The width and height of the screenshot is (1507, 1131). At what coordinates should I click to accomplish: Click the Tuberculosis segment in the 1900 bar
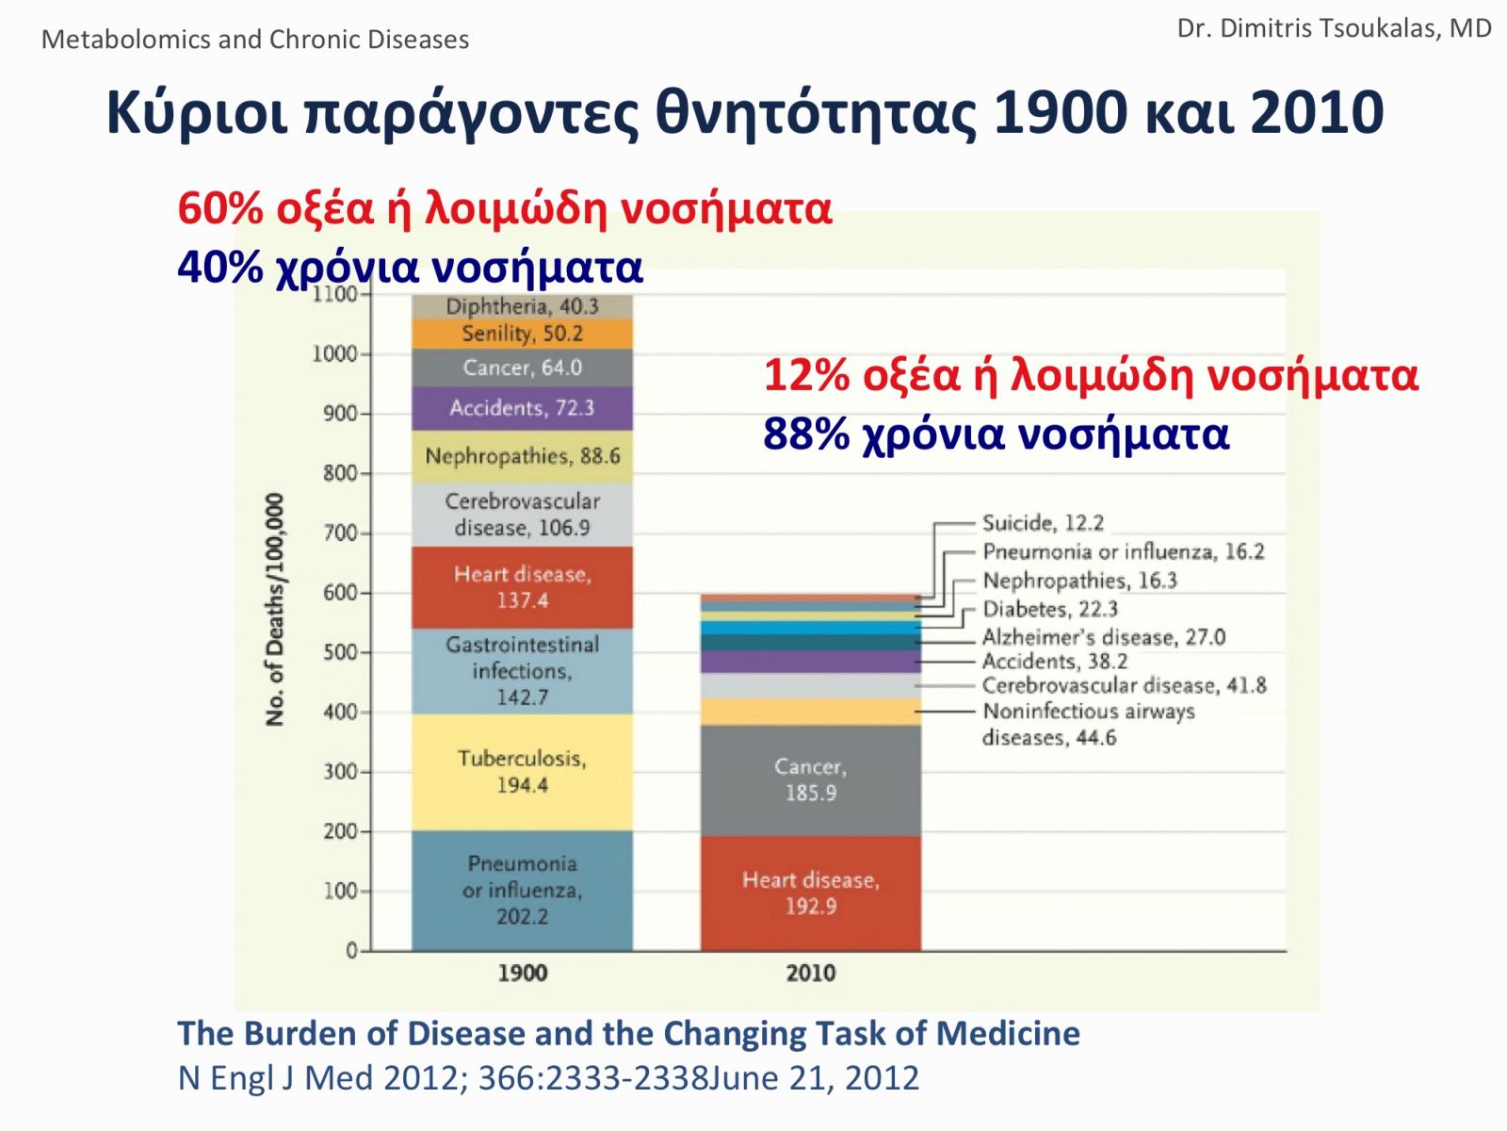(x=522, y=772)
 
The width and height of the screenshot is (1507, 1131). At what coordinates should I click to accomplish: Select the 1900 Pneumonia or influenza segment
(x=522, y=890)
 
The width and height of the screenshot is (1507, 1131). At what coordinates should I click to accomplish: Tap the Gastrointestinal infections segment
(x=522, y=670)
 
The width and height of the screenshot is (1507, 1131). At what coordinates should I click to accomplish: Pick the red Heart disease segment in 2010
(x=810, y=893)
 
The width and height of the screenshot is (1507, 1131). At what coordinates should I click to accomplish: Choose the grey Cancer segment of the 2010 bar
(x=810, y=779)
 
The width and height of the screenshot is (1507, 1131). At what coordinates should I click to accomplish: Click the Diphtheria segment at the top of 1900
(x=522, y=306)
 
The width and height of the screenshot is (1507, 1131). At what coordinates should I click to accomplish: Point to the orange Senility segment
(x=522, y=334)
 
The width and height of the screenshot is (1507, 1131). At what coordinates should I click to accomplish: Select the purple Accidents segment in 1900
(x=522, y=408)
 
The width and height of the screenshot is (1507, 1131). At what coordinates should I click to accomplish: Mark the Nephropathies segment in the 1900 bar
(x=522, y=456)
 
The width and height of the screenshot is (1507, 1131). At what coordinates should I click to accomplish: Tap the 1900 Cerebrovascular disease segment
(x=522, y=515)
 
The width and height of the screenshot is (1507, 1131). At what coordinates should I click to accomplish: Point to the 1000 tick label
(x=335, y=353)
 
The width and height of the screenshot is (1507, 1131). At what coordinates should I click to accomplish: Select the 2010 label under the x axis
(x=810, y=973)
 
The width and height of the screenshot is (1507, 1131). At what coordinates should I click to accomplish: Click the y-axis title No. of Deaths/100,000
(x=275, y=610)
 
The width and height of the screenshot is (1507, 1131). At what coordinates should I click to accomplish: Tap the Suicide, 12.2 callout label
(x=1043, y=523)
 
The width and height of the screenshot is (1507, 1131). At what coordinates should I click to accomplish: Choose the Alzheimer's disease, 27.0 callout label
(x=1103, y=637)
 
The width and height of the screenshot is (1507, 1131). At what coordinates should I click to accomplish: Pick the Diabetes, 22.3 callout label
(x=1049, y=609)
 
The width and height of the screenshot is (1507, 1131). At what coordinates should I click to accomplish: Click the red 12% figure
(x=806, y=375)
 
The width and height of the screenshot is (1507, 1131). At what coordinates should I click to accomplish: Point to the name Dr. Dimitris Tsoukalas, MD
(x=1334, y=28)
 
